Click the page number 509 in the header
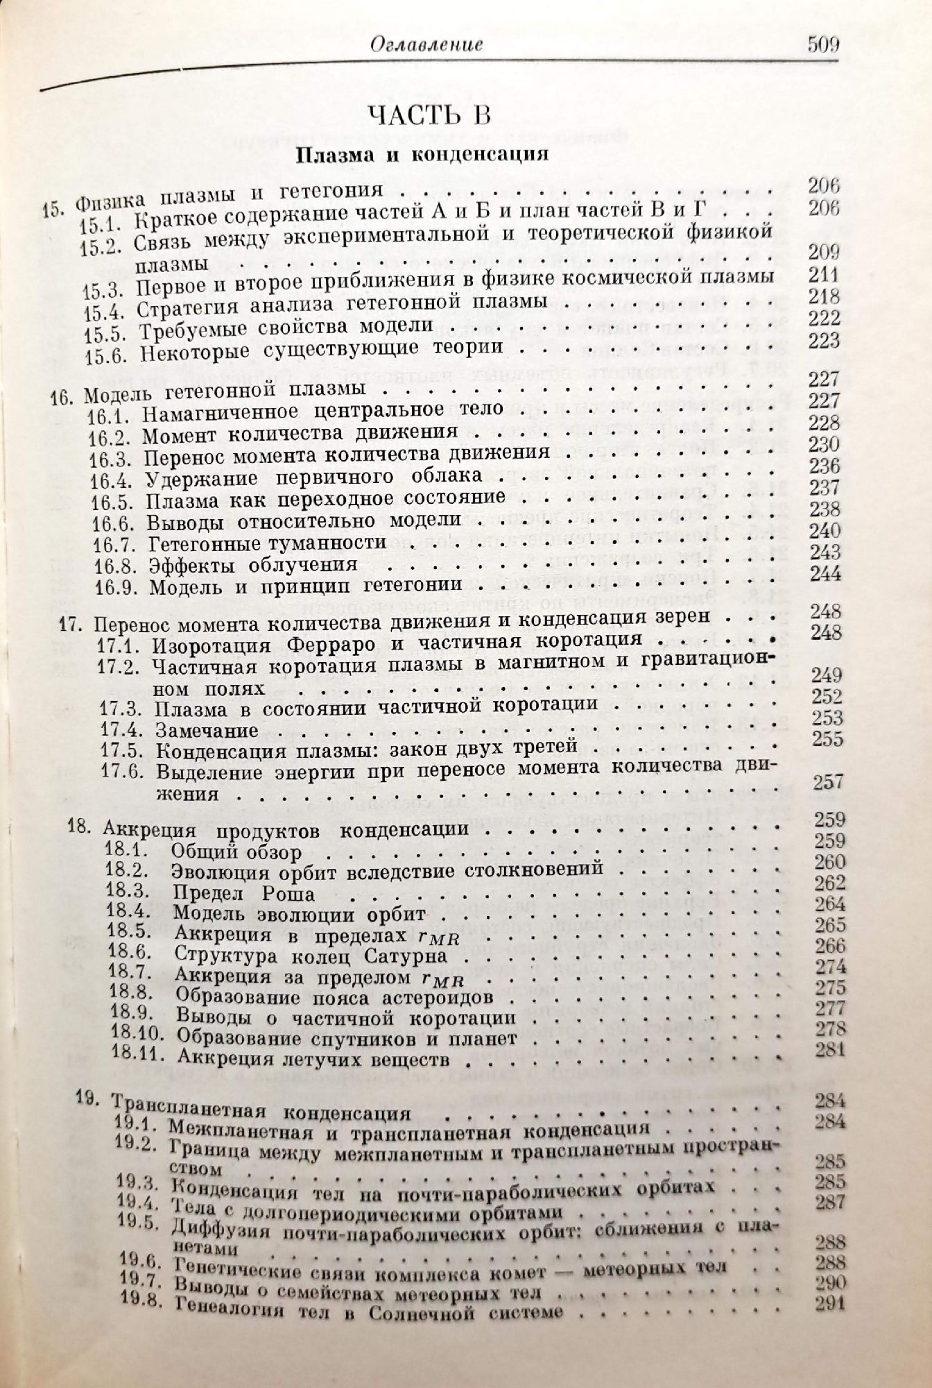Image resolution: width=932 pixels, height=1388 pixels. pos(823,46)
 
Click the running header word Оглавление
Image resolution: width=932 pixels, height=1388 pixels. pos(426,46)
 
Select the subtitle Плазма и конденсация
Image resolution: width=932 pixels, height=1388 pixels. pos(422,155)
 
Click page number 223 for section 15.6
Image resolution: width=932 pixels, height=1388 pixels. pos(824,341)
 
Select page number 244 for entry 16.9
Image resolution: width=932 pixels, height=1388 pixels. pos(825,574)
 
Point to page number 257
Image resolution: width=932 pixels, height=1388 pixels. pos(828,782)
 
